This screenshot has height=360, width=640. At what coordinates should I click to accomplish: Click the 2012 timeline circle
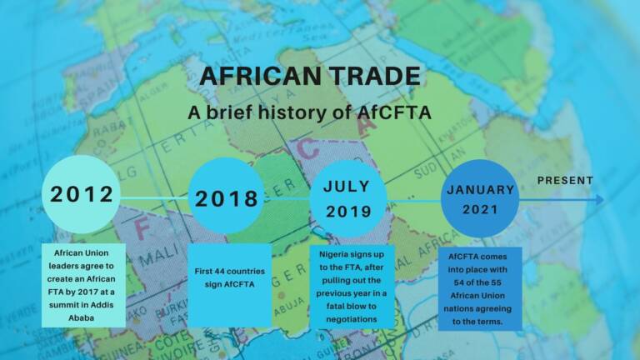pos(81,195)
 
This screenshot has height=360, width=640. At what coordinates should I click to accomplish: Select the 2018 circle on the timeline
pos(227,198)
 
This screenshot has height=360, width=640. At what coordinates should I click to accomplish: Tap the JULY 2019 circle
pos(348,198)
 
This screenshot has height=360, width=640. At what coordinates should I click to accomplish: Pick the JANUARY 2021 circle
pos(480,199)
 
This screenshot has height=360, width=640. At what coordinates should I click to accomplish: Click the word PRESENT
pos(565,180)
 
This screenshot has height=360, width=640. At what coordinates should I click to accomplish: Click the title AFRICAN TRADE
pos(310,76)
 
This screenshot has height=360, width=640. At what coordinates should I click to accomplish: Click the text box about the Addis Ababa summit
pos(82,284)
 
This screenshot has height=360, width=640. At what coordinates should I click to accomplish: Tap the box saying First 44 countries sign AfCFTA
pos(230,277)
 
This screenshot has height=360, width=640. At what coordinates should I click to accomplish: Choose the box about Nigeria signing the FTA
pos(354,285)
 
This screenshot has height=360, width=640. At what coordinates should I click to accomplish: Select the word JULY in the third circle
pos(347,186)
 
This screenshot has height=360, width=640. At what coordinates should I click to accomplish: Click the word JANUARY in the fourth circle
pos(480,189)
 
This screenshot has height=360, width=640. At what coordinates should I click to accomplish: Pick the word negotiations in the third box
pos(353,318)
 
